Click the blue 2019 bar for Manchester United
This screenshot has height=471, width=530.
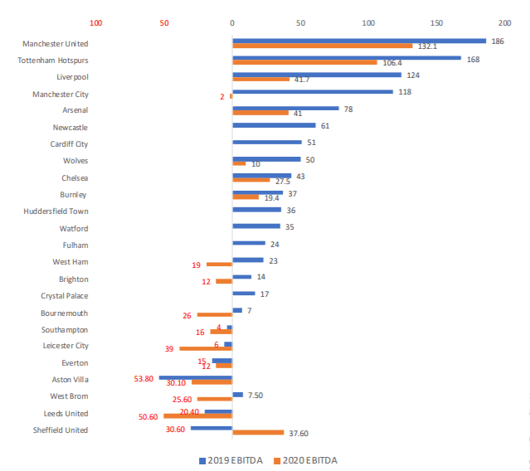[359, 40]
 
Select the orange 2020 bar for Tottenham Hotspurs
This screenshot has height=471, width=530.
[304, 62]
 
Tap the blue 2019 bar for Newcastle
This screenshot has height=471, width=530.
[274, 125]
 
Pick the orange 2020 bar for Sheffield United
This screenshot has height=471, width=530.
[258, 432]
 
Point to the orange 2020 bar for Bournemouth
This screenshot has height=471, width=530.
[214, 315]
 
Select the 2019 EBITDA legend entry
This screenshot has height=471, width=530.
[228, 460]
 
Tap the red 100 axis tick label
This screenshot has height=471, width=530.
[96, 22]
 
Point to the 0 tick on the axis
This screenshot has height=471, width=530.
[232, 22]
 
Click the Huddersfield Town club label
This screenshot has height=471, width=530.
[56, 211]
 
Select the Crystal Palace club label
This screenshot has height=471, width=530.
[65, 296]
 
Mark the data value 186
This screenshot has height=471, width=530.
[498, 41]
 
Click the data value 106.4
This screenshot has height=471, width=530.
[391, 62]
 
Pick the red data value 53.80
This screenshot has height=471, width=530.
[143, 378]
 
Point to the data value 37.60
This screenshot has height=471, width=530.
[298, 433]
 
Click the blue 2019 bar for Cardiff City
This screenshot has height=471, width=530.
[267, 142]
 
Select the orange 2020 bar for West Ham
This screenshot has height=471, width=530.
[219, 265]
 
